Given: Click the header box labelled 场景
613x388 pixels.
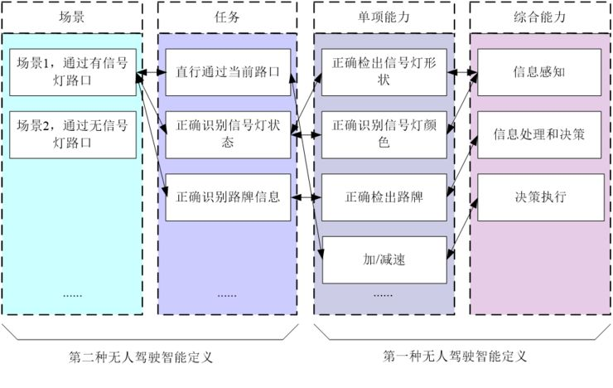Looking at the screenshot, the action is pos(72,17).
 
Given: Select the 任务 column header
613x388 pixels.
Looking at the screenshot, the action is pos(228,17).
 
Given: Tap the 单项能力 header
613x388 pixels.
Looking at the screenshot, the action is pos(384,17).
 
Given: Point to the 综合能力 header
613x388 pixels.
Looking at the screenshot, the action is pos(540,17).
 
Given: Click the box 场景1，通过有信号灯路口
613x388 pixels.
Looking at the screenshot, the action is pos(73,72).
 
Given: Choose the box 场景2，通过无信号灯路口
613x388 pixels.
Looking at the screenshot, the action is pos(73,135).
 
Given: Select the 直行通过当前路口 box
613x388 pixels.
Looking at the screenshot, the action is pos(228,72).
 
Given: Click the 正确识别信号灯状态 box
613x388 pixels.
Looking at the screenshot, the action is pos(228,135).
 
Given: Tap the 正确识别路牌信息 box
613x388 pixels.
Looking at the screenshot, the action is pos(228,197).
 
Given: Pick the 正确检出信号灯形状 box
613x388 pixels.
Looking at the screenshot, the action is pos(384,72).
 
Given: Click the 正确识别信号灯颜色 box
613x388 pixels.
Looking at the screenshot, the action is pos(384,135).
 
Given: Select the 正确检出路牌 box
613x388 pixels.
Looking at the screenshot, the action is pos(384,197).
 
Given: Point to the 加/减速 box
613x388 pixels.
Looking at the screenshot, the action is pos(384,260).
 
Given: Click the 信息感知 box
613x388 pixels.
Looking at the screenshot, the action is pos(539,72).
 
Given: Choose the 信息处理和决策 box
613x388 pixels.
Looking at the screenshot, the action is pos(539,135).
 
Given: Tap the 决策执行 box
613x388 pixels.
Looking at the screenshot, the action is pos(541,197).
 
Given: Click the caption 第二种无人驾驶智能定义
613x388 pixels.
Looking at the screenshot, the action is pos(141,357).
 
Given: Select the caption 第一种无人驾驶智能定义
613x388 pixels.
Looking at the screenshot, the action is pos(455,356).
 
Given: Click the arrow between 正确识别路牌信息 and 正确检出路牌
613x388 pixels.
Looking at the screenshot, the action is pos(306,197).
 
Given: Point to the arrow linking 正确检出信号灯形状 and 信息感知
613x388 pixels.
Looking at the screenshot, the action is pos(462,72).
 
